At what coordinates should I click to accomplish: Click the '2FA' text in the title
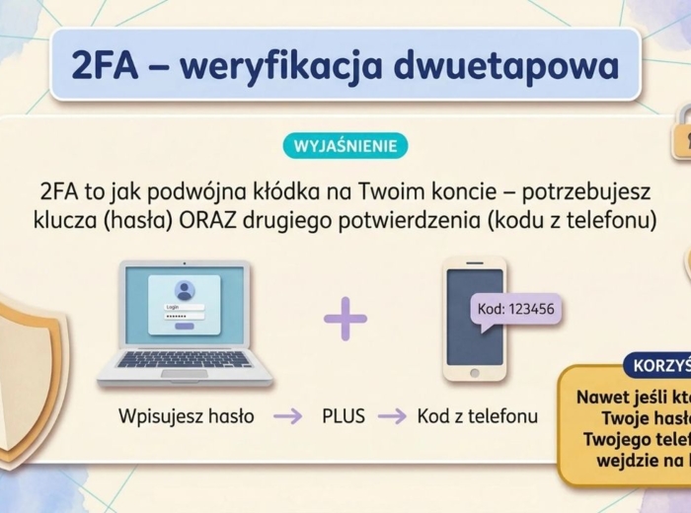point(105,64)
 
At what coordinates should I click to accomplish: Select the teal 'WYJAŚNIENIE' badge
point(345,146)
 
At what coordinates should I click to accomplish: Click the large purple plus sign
point(345,318)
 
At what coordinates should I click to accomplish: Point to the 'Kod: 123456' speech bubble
point(515,309)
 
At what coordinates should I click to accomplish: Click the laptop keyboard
point(185,360)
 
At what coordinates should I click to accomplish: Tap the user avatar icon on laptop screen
point(184,290)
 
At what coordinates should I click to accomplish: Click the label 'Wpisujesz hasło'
point(187,416)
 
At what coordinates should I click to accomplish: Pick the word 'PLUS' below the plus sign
point(343,416)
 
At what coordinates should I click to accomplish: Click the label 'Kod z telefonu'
point(477,416)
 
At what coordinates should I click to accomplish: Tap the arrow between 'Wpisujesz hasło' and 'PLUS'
point(287,416)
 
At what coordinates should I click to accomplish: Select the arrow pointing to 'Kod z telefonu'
point(392,416)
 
